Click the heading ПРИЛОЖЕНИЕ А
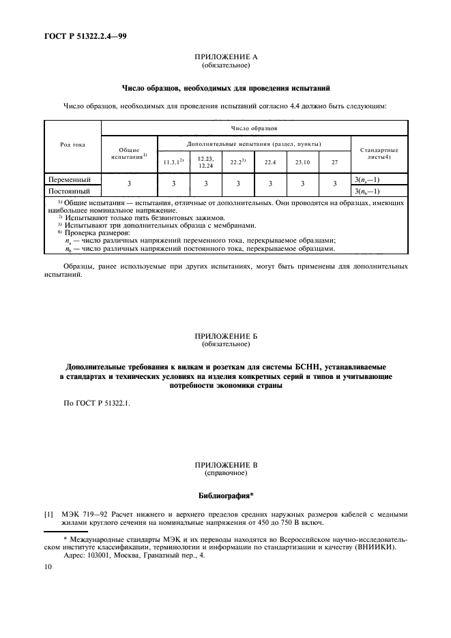(224, 59)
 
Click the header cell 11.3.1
(173, 162)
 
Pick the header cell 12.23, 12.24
(205, 162)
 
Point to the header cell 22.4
(269, 162)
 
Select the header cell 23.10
(302, 162)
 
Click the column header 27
(334, 162)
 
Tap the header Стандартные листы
(379, 153)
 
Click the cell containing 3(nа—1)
(368, 179)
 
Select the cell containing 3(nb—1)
(368, 191)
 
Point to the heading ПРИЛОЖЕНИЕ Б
(224, 337)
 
